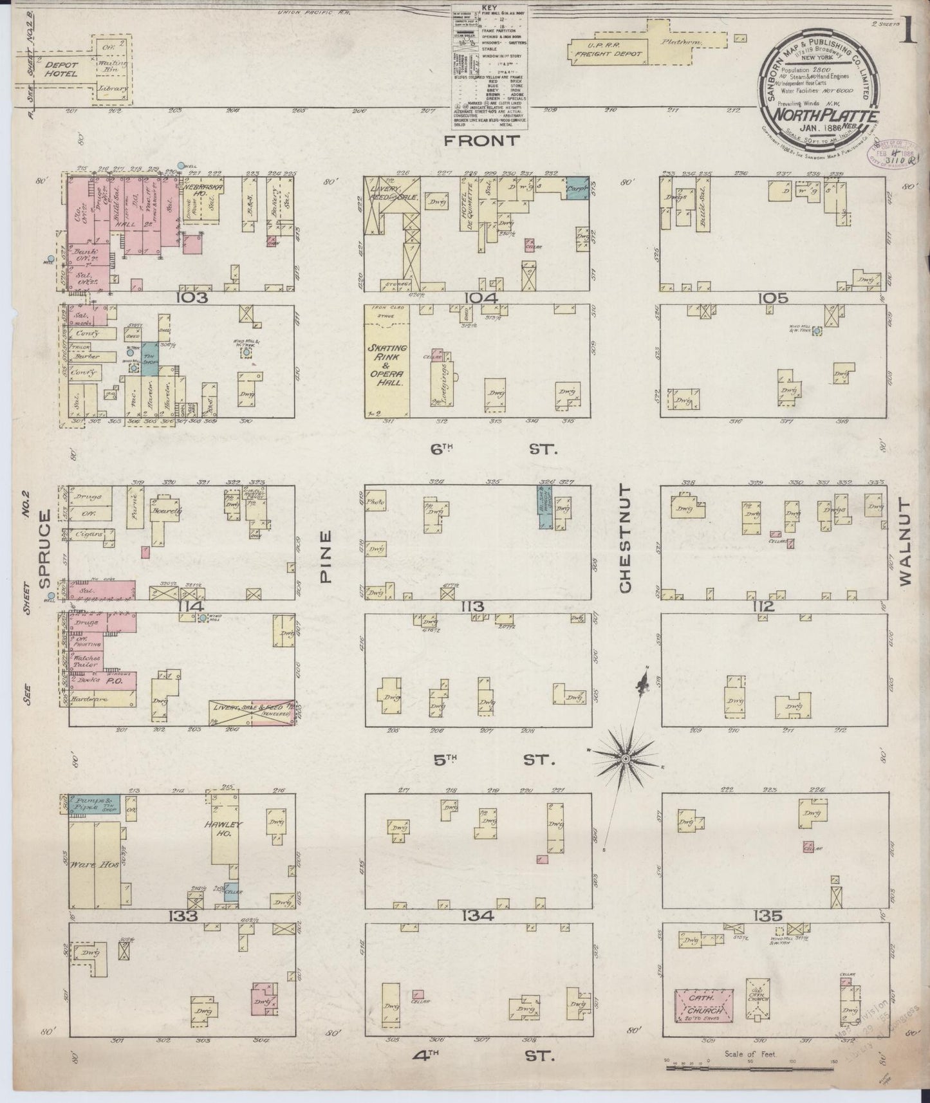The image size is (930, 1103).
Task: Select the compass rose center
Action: [x=624, y=760]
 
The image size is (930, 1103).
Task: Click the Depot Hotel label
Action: [x=61, y=69]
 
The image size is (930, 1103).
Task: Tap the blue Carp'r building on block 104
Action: [x=577, y=190]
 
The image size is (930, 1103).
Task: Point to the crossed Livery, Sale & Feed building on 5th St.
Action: [x=251, y=712]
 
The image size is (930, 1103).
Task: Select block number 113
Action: [x=477, y=607]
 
